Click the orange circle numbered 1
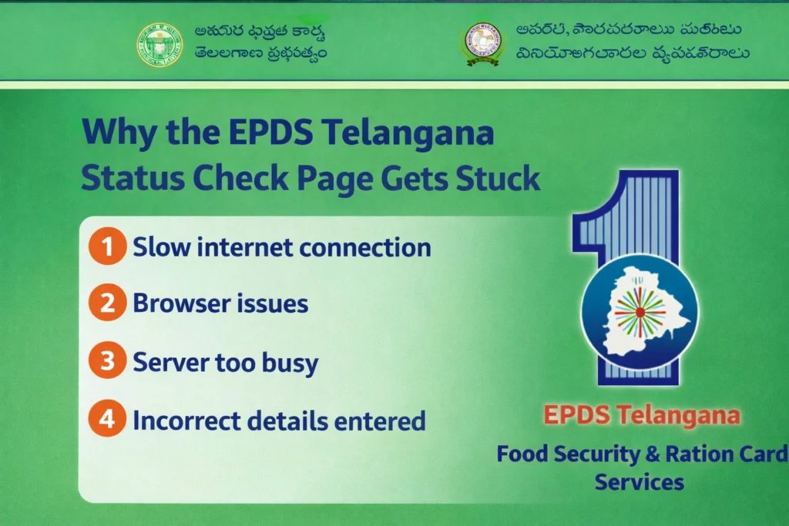click(x=107, y=247)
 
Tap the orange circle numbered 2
click(x=107, y=303)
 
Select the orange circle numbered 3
click(x=107, y=362)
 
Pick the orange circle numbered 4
click(x=107, y=420)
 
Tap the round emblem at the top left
click(x=160, y=44)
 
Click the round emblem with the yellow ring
click(x=481, y=44)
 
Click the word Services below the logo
click(x=639, y=483)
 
